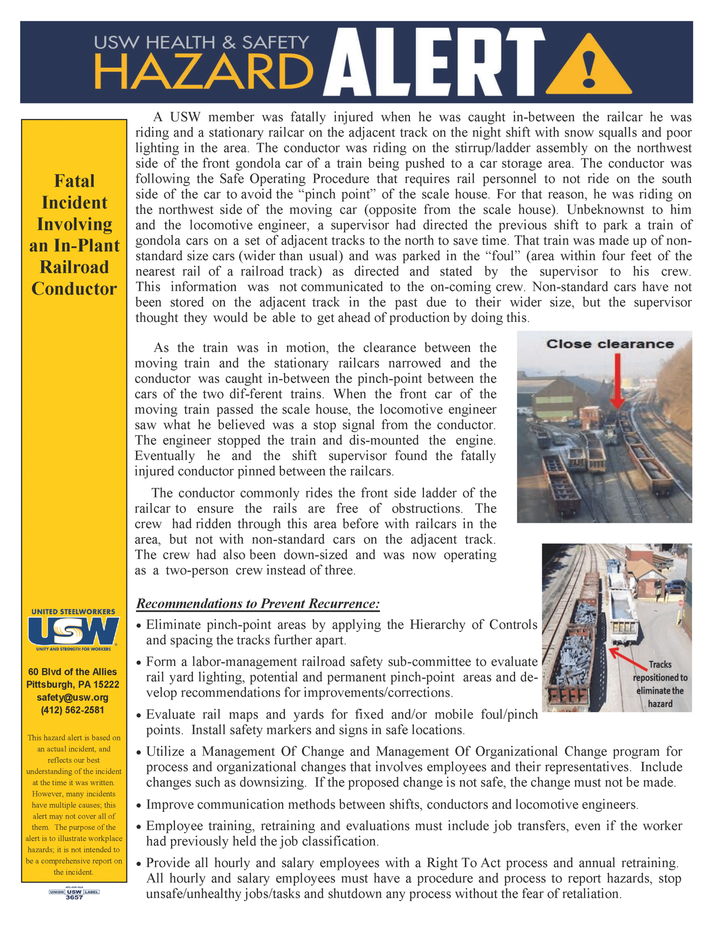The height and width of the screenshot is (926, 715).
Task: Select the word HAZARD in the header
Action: [204, 72]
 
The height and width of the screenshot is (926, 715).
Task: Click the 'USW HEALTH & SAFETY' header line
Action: [201, 42]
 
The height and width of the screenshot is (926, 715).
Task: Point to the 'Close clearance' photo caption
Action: [609, 344]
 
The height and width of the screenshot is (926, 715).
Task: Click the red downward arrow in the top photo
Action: [617, 379]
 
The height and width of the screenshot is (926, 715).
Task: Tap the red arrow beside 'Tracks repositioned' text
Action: [627, 657]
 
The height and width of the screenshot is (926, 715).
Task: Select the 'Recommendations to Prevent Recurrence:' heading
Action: [258, 603]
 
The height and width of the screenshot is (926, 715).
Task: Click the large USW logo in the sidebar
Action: [73, 630]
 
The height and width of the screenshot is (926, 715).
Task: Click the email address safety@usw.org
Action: [72, 697]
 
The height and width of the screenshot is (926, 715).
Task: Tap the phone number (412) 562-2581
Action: [72, 710]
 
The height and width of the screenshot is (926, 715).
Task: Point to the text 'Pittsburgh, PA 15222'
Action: [72, 684]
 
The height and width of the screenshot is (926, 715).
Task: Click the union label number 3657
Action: [74, 897]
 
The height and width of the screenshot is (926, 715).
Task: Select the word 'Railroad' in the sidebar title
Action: [74, 267]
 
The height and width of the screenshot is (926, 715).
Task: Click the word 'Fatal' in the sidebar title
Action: [74, 181]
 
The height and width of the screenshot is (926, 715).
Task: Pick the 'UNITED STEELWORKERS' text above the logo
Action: [73, 611]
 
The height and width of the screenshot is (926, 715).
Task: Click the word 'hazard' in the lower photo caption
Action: [660, 704]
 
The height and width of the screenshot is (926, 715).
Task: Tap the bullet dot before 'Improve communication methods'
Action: [138, 805]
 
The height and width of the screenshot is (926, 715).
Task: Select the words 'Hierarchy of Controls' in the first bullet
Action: [473, 625]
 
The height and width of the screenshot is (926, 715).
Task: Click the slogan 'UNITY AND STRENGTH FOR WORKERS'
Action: [73, 649]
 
